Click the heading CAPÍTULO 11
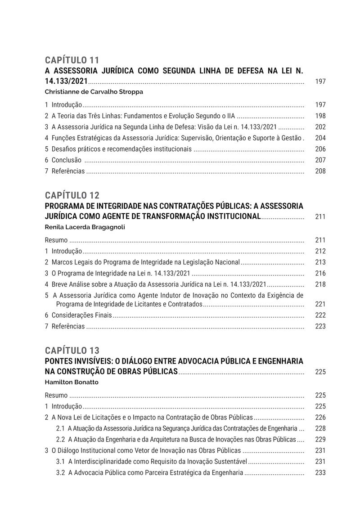pyautogui.click(x=72, y=60)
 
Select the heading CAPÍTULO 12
pyautogui.click(x=72, y=195)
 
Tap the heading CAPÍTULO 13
pyautogui.click(x=72, y=351)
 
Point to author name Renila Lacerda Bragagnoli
pyautogui.click(x=85, y=227)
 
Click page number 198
pyautogui.click(x=320, y=116)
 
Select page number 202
pyautogui.click(x=320, y=127)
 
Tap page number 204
pyautogui.click(x=320, y=138)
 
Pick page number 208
pyautogui.click(x=320, y=171)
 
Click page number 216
pyautogui.click(x=320, y=273)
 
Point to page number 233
pyautogui.click(x=320, y=473)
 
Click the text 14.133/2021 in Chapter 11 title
pyautogui.click(x=67, y=81)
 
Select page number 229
pyautogui.click(x=320, y=439)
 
